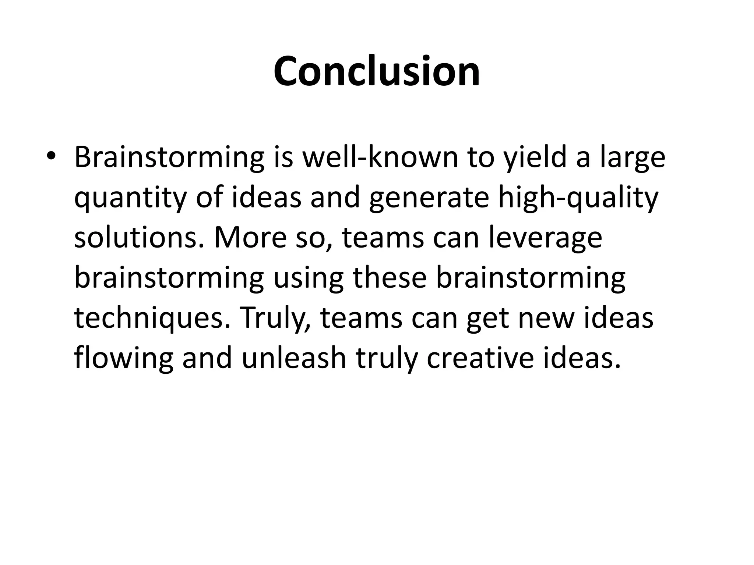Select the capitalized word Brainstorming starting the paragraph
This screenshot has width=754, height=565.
click(x=169, y=157)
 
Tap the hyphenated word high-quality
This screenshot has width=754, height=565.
click(x=578, y=198)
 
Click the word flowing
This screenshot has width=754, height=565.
click(x=124, y=359)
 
